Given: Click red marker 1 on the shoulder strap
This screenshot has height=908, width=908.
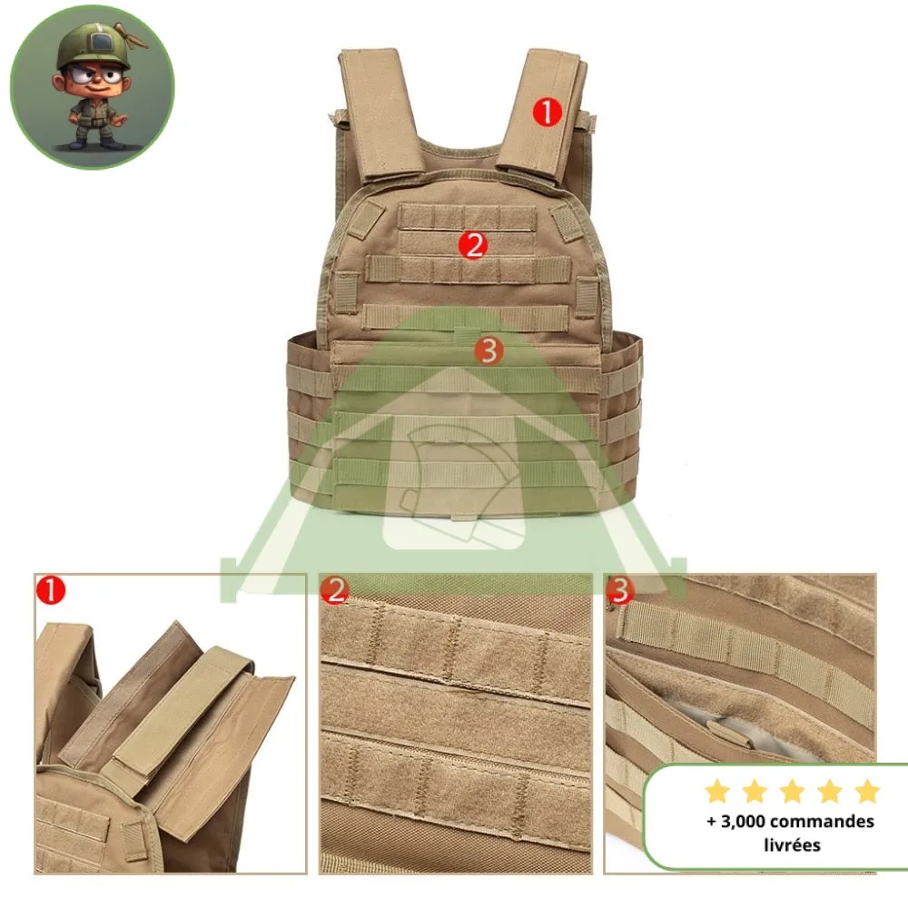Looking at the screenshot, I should [548, 113].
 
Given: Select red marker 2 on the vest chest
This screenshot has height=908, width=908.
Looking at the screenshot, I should [472, 244].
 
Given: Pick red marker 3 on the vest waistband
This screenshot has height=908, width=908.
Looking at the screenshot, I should [489, 350].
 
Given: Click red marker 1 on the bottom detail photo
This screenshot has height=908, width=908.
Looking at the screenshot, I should [51, 591].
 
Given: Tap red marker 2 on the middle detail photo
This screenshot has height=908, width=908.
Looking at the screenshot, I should [336, 591].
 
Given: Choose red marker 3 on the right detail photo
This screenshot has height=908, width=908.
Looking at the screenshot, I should [620, 591].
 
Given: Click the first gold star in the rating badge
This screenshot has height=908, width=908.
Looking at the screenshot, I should [716, 792].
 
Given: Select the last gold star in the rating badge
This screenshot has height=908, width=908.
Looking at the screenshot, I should [867, 792].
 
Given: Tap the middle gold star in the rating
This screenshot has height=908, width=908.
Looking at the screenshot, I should [792, 792].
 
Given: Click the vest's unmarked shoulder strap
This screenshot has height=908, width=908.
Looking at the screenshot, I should [380, 109].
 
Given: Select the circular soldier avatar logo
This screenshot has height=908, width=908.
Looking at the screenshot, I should [92, 87].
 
